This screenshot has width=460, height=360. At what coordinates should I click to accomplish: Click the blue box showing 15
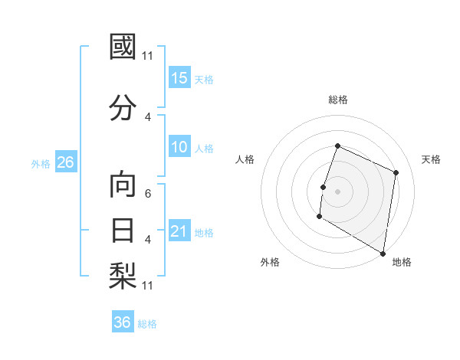point(179,78)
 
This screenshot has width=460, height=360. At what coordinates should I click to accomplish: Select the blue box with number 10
point(179,147)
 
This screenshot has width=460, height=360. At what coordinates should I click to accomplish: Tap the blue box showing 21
point(179,231)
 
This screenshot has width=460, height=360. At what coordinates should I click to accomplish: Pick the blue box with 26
point(65,162)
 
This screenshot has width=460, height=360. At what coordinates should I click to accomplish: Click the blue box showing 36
point(123,322)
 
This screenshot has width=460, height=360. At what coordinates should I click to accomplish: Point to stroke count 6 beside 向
point(148,194)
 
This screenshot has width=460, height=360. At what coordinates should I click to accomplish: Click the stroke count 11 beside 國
point(148,55)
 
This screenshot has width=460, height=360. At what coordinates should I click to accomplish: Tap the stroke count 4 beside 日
point(148,239)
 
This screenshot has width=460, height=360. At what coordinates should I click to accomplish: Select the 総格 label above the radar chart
point(338,100)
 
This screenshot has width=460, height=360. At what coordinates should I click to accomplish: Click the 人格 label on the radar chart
point(245,159)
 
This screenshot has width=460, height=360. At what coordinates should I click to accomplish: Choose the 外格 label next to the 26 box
point(41,163)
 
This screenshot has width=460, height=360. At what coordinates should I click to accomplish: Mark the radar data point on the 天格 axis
point(396,172)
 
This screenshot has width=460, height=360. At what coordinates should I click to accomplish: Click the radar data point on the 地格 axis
point(383,253)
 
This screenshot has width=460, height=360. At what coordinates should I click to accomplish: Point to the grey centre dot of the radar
point(337,191)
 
